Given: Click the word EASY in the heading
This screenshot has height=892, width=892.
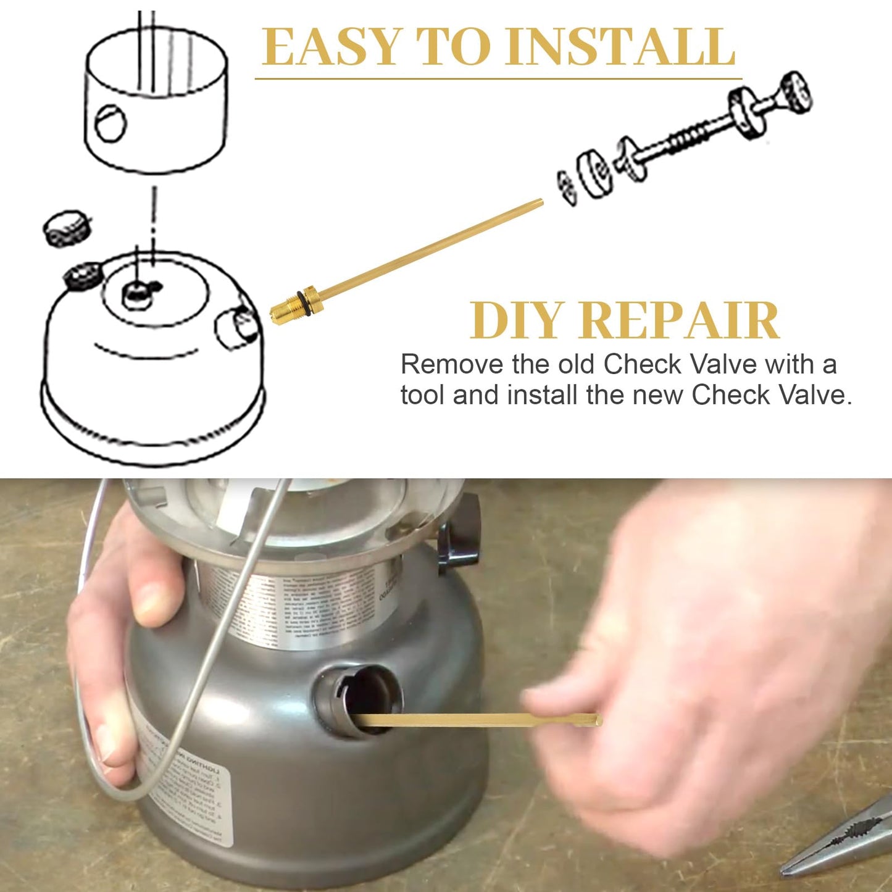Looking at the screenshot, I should tap(331, 48).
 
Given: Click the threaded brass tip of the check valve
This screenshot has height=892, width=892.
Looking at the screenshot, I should tap(281, 310).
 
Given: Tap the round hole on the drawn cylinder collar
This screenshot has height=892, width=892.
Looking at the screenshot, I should tap(111, 122).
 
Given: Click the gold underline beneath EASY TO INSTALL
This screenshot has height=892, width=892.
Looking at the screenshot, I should tap(498, 79).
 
